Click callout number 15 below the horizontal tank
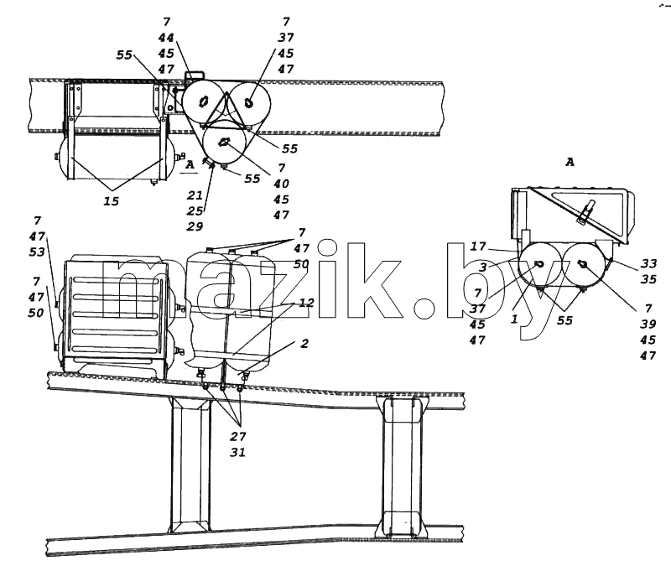[x=112, y=201]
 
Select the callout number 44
[x=166, y=38]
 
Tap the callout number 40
[x=281, y=184]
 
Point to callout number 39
[x=648, y=325]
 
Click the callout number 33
[x=648, y=264]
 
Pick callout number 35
[x=648, y=279]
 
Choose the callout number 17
[x=478, y=247]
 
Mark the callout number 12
[x=306, y=303]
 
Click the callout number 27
[x=238, y=436]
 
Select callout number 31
[x=238, y=452]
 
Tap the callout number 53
[x=37, y=252]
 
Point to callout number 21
[x=195, y=195]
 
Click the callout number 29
[x=195, y=226]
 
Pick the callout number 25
[x=195, y=210]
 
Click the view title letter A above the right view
[x=570, y=162]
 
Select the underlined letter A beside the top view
[x=190, y=164]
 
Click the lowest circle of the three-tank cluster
[x=224, y=143]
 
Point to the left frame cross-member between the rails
[x=190, y=465]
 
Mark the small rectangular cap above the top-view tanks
[x=195, y=75]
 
